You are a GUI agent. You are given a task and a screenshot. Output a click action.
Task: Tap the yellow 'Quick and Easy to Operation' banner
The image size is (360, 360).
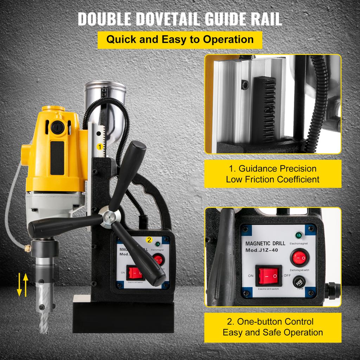(180, 39)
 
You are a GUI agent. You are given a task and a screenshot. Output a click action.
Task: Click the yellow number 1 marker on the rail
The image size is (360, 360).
(100, 145)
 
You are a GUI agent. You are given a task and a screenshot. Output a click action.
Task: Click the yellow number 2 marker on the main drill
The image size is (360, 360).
(149, 240)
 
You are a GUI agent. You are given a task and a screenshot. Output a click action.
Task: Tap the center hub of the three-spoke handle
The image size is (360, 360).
(106, 218)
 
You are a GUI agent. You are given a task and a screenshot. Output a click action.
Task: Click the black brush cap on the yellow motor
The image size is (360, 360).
(57, 127)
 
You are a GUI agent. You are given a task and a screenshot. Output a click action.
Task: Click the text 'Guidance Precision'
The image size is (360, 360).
(272, 168)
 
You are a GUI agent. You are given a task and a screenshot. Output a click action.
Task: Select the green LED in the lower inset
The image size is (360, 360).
(299, 235)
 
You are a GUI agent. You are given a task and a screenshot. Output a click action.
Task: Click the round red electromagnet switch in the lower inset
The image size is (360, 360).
(299, 258)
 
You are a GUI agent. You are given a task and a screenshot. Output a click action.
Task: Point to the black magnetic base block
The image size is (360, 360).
(123, 315)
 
